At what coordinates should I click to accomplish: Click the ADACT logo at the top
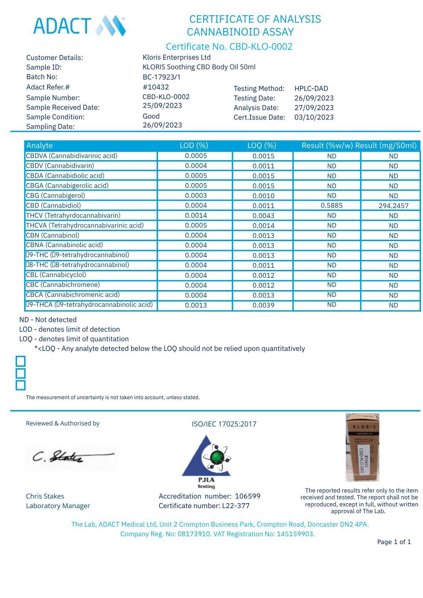click(x=79, y=26)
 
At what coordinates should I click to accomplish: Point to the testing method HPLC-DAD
click(x=311, y=88)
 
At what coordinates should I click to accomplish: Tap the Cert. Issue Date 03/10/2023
click(x=314, y=117)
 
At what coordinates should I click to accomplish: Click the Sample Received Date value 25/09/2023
click(x=162, y=106)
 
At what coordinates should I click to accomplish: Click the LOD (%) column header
click(x=194, y=146)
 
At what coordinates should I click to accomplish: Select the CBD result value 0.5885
click(x=331, y=206)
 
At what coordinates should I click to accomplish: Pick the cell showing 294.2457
click(x=393, y=206)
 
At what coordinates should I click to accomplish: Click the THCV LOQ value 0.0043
click(x=263, y=216)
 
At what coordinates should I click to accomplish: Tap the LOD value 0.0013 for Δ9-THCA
click(x=196, y=305)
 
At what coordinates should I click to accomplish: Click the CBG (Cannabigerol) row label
click(x=55, y=196)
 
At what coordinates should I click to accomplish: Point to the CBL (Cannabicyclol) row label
click(x=56, y=275)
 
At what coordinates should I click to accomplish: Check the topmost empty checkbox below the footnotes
click(x=21, y=361)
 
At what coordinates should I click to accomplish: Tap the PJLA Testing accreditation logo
click(x=206, y=462)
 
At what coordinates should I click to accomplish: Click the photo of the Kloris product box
click(x=362, y=447)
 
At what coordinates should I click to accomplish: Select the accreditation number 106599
click(x=248, y=496)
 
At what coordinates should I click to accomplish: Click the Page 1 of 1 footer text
click(x=394, y=542)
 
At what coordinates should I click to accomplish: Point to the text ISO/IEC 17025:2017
click(x=224, y=424)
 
